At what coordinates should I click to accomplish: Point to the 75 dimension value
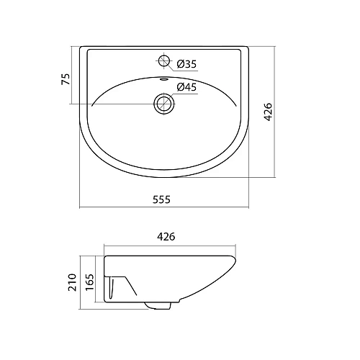pyautogui.click(x=66, y=78)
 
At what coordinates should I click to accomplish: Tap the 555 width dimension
pyautogui.click(x=161, y=201)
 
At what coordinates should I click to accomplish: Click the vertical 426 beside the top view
pyautogui.click(x=269, y=112)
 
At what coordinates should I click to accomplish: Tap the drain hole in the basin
pyautogui.click(x=165, y=104)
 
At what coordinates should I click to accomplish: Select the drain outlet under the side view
pyautogui.click(x=158, y=307)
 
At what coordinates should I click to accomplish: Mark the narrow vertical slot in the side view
pyautogui.click(x=111, y=289)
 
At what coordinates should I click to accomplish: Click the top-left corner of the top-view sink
pyautogui.click(x=81, y=49)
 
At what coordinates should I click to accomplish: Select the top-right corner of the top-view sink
pyautogui.click(x=248, y=49)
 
